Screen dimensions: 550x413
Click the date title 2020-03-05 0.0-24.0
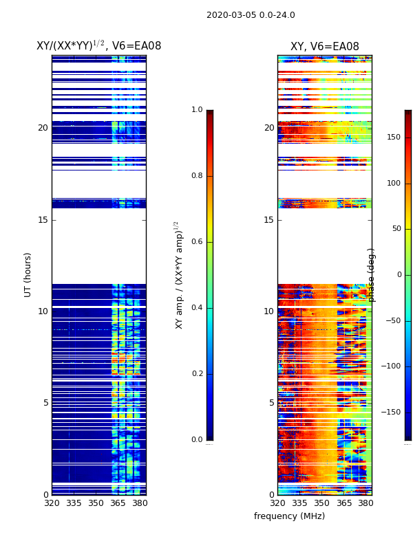coord(251,15)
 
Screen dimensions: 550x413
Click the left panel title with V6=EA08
coord(98,46)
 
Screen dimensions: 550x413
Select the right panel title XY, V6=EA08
coord(324,47)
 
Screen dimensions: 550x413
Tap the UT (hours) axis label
coord(28,274)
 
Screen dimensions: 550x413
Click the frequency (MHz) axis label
coord(289,516)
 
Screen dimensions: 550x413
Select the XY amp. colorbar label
coord(179,275)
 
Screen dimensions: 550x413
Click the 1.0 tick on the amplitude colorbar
coord(197,110)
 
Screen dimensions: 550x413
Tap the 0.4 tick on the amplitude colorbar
coord(197,308)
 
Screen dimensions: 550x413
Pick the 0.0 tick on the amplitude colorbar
coord(197,440)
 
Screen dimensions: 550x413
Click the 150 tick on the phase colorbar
coord(393,137)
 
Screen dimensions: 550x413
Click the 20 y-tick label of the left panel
coord(43,128)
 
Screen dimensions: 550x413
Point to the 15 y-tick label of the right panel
coord(268,219)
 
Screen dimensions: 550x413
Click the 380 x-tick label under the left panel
coord(140,503)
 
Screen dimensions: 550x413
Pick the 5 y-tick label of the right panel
coord(271,403)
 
